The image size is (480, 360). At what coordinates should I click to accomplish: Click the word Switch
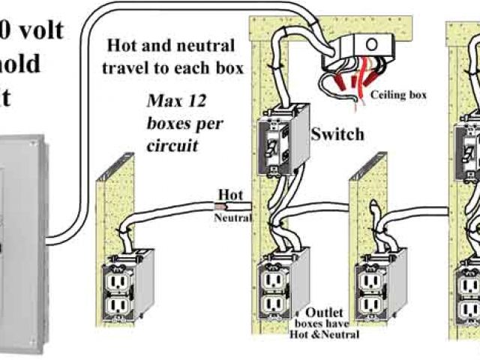(338, 135)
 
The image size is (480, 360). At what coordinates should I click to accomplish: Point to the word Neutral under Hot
(232, 217)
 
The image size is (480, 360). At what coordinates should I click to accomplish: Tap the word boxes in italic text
(170, 123)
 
